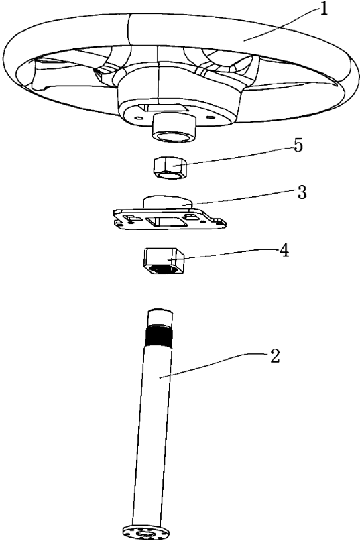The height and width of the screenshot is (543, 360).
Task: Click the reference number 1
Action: pyautogui.click(x=323, y=9)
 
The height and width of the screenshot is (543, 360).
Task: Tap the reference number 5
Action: pyautogui.click(x=298, y=145)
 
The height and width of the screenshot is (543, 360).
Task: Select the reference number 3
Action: pyautogui.click(x=302, y=192)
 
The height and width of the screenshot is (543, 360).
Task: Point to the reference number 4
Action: pyautogui.click(x=284, y=250)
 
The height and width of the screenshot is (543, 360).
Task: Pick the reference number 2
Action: pyautogui.click(x=274, y=356)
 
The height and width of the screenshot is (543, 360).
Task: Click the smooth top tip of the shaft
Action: pyautogui.click(x=160, y=317)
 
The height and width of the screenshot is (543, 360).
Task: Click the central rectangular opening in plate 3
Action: pyautogui.click(x=164, y=221)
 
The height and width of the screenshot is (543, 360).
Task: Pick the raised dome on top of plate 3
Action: pyautogui.click(x=168, y=202)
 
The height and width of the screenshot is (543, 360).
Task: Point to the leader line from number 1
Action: pyautogui.click(x=280, y=23)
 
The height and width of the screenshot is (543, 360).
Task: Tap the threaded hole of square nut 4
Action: pyautogui.click(x=163, y=268)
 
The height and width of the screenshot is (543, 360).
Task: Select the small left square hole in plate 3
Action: pyautogui.click(x=130, y=217)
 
